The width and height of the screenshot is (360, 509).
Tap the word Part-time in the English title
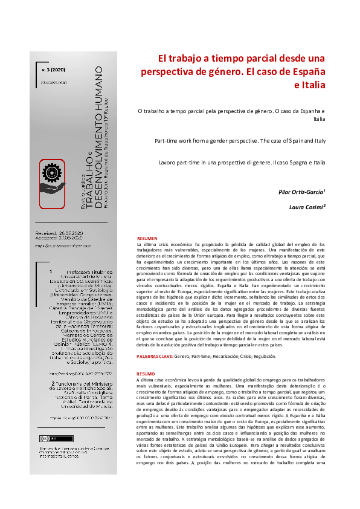pos(167,140)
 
